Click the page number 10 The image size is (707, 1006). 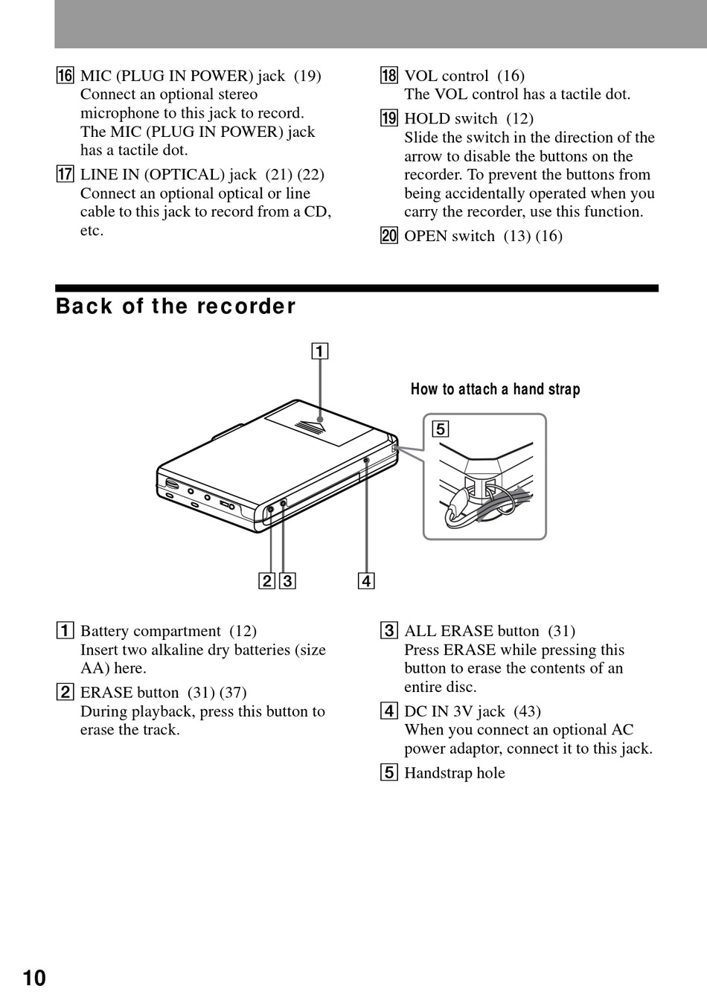click(34, 977)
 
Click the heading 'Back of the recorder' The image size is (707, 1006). click(176, 307)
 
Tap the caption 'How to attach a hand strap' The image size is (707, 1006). click(495, 389)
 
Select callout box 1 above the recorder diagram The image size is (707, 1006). click(319, 350)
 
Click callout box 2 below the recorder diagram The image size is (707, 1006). click(266, 580)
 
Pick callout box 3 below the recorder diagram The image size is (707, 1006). click(287, 580)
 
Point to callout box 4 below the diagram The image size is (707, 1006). click(366, 580)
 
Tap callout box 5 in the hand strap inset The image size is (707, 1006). click(441, 429)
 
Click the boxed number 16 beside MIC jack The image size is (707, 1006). click(65, 76)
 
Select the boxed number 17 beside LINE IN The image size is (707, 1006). click(65, 175)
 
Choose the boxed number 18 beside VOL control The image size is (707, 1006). click(389, 76)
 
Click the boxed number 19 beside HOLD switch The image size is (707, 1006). click(389, 119)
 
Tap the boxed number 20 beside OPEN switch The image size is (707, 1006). click(389, 237)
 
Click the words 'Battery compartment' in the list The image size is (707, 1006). click(150, 631)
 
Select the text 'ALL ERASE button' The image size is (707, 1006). click(471, 631)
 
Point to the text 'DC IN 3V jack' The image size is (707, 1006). click(454, 711)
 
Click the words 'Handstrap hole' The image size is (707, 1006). click(454, 773)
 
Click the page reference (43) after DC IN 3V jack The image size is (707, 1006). click(527, 711)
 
